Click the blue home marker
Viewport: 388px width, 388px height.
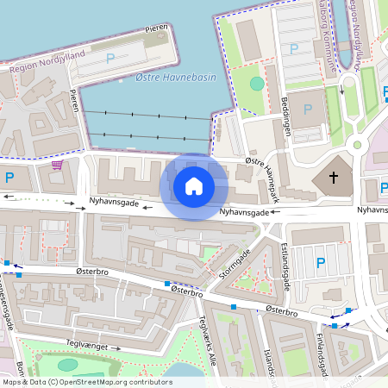[194, 185]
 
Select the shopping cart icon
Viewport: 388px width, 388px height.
[58, 165]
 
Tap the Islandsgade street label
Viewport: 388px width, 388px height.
[274, 368]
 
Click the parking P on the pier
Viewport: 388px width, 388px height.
[110, 59]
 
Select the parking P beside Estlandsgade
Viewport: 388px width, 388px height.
[321, 263]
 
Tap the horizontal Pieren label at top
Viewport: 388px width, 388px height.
[156, 28]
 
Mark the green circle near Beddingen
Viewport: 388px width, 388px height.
[257, 84]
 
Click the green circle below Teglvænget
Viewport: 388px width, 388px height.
[68, 365]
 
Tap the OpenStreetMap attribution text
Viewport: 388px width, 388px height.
[86, 382]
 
